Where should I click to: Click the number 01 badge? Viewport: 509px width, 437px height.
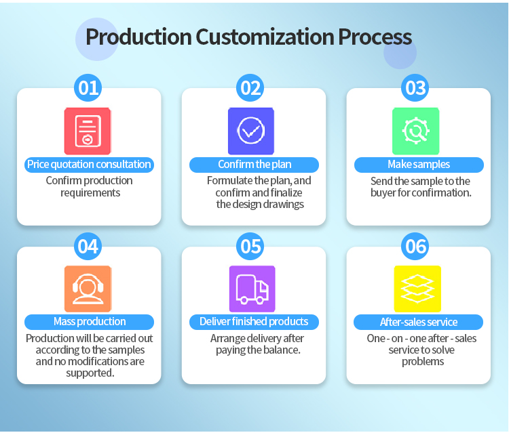88,88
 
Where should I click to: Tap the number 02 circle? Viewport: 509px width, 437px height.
250,88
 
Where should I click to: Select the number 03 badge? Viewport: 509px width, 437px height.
415,88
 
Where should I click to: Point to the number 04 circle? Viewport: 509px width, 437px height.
88,247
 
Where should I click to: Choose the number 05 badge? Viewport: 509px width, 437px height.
250,247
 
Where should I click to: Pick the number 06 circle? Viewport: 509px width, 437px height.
415,247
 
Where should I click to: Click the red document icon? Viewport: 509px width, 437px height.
88,131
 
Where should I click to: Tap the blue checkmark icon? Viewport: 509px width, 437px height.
251,131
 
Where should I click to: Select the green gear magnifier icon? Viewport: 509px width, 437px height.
416,131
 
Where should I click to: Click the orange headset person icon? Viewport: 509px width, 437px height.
88,289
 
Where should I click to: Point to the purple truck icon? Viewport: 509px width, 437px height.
252,289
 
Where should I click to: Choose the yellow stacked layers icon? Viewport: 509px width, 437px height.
417,289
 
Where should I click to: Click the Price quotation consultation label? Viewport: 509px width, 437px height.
90,165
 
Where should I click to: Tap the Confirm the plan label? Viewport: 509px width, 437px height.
254,165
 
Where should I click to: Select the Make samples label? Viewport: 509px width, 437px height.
419,165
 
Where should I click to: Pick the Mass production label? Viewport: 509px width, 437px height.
90,322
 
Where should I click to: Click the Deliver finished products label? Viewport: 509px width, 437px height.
254,322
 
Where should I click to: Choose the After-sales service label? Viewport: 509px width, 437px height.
419,322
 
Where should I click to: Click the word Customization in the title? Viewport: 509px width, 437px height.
265,37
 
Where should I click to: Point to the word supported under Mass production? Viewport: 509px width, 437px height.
90,373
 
